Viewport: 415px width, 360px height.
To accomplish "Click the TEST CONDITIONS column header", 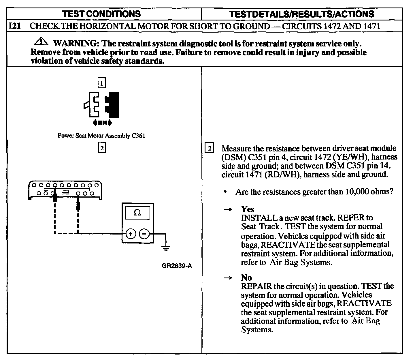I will [x=101, y=14].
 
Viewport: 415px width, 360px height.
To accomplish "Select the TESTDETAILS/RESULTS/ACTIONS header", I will [x=301, y=14].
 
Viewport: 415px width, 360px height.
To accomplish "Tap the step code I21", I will [x=15, y=26].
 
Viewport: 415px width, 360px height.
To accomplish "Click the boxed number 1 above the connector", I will [x=102, y=83].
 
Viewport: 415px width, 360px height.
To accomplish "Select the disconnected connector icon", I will [x=102, y=104].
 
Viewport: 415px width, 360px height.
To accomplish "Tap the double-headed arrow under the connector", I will [x=102, y=123].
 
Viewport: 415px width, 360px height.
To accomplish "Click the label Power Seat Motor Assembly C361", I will [x=101, y=136].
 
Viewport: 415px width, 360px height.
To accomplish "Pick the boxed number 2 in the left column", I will [x=102, y=148].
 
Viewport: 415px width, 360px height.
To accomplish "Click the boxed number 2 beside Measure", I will [x=209, y=148].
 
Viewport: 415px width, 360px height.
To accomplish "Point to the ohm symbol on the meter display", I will [x=137, y=213].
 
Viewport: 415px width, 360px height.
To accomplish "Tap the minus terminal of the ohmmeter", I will [x=144, y=234].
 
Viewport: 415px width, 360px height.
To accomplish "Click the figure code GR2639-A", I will [x=177, y=266].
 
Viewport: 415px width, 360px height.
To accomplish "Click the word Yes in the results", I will [x=248, y=209].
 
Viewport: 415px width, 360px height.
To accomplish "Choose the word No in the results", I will [x=246, y=278].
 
